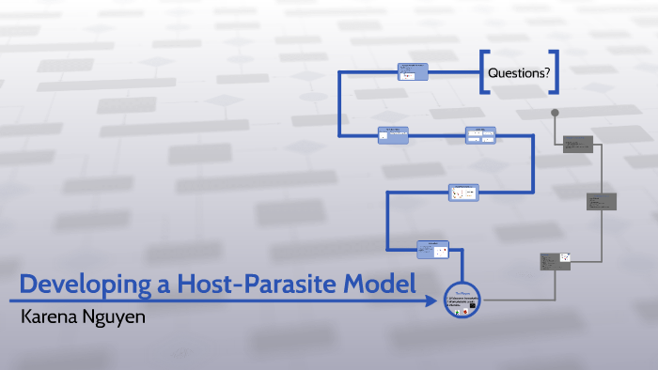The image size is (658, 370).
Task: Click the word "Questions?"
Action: tap(519, 73)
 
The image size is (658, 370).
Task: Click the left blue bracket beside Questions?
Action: tap(484, 73)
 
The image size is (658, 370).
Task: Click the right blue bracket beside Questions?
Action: tap(556, 73)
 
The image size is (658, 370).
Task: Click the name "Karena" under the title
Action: tap(53, 316)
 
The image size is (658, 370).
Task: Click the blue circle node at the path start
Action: tap(462, 301)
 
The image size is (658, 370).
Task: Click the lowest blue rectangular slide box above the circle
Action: tap(433, 249)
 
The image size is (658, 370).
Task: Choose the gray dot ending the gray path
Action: tap(556, 114)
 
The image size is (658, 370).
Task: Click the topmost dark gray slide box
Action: tap(577, 145)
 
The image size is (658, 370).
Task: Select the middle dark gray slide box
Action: tap(602, 202)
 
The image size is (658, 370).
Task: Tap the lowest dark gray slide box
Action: tap(556, 260)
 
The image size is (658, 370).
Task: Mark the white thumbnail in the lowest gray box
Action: tap(564, 256)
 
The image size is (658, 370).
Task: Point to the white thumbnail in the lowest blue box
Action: tap(440, 251)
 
